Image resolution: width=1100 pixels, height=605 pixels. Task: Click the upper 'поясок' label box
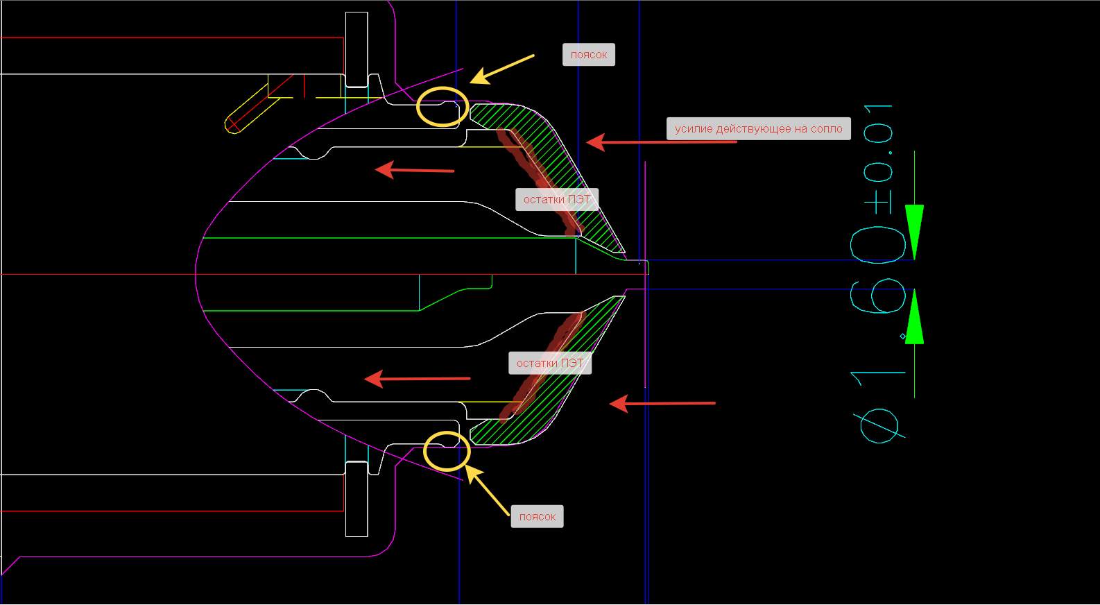[x=588, y=55]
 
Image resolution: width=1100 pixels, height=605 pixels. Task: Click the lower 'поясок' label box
[x=537, y=517]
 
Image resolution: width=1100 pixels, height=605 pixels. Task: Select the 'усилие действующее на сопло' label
[x=758, y=129]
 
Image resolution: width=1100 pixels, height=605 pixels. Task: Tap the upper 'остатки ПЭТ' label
[x=556, y=200]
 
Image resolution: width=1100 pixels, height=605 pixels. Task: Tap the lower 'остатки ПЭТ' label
[x=549, y=364]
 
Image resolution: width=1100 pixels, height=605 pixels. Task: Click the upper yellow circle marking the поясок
[x=442, y=107]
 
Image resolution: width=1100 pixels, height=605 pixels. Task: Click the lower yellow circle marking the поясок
[x=447, y=451]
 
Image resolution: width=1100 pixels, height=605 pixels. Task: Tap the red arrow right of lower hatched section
[x=662, y=403]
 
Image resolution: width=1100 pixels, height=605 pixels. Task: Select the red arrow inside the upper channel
[x=414, y=170]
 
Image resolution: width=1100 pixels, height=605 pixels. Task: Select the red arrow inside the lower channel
[x=417, y=379]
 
